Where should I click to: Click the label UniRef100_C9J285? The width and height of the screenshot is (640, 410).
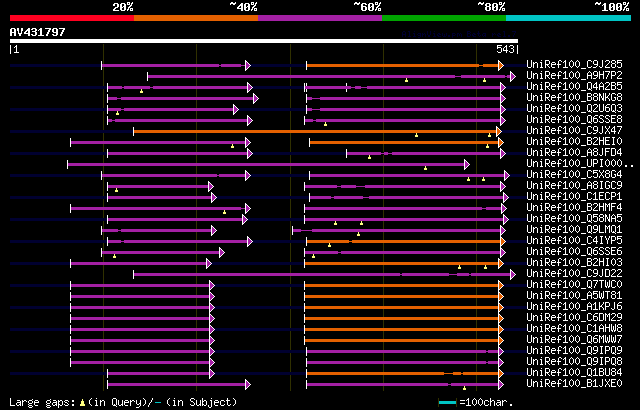566,65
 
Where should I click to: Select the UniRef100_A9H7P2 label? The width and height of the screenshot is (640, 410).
566,76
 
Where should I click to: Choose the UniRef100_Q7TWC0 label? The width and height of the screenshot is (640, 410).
566,285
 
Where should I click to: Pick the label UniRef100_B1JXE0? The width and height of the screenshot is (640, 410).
566,384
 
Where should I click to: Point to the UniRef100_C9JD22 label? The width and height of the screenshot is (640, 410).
566,274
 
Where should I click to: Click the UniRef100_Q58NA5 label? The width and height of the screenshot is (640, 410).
566,219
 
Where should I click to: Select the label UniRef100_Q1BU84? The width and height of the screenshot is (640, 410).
566,373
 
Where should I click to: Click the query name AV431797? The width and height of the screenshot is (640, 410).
37,32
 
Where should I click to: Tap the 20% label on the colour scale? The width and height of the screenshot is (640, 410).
123,7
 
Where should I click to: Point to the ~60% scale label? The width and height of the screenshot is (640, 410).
367,7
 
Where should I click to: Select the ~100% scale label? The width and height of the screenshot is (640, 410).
611,7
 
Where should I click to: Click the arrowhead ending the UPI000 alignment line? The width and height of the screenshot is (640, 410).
467,164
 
